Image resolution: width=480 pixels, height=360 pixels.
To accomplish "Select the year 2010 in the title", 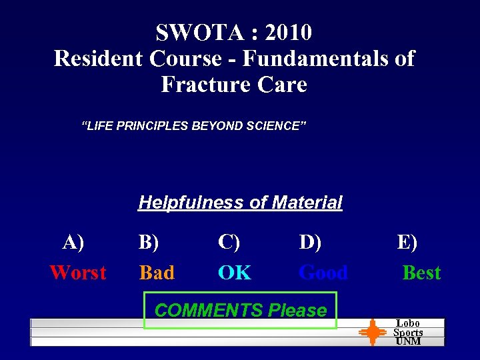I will coord(288,32).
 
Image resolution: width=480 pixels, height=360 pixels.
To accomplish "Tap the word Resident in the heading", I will coord(99,59).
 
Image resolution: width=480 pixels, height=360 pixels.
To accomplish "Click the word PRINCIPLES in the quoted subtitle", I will coord(151,125).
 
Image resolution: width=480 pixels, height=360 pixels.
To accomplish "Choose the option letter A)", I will coord(73,242).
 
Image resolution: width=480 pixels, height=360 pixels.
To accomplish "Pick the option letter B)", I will coord(148,242).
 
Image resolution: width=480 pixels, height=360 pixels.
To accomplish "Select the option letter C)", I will coord(229,242).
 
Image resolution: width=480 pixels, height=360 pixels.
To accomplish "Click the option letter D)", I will coord(310,242).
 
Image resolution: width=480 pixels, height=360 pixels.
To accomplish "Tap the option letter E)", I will coord(407,242).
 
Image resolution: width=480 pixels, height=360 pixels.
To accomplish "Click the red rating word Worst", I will coord(77,273).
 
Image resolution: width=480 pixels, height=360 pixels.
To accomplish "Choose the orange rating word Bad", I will coord(157,273).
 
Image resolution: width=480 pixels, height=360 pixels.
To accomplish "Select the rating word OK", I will coord(235,273).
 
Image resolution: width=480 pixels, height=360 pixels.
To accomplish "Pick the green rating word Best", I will coord(421,273).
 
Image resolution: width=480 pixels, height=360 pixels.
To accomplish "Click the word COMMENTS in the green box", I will coord(209,311).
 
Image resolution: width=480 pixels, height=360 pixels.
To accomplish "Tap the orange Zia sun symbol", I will coord(373,333).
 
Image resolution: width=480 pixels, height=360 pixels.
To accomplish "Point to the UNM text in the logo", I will coord(408,341).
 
